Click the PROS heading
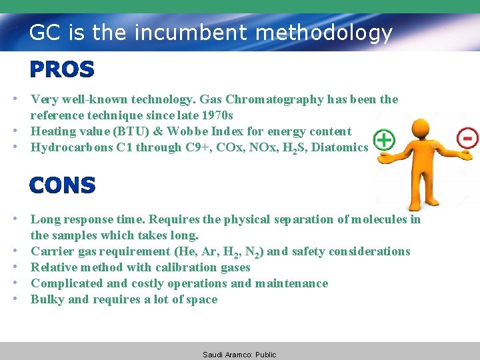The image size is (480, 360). pyautogui.click(x=62, y=69)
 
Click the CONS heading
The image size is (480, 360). pyautogui.click(x=63, y=185)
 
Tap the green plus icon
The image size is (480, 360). pyautogui.click(x=384, y=140)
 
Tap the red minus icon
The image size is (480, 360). pyautogui.click(x=467, y=139)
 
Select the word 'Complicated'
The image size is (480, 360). pyautogui.click(x=65, y=283)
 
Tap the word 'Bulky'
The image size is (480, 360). pyautogui.click(x=47, y=299)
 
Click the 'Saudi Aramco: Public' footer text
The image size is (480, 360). pyautogui.click(x=239, y=355)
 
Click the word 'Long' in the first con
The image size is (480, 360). pyautogui.click(x=45, y=219)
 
